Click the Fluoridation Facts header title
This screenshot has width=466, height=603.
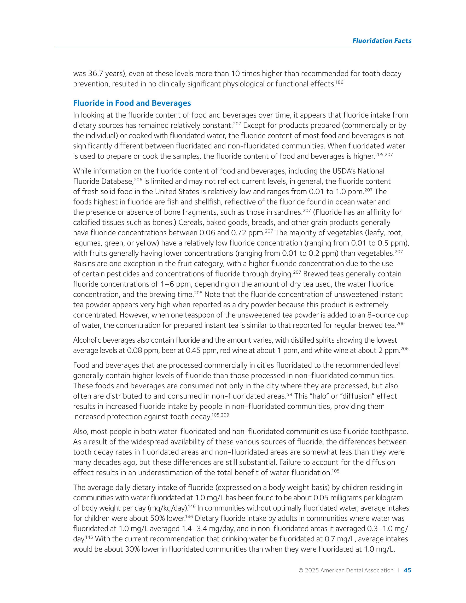(x=381, y=41)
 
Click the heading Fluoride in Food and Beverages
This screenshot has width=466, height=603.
(x=132, y=103)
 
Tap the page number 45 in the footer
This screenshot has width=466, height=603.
(x=407, y=570)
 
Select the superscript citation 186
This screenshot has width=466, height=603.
(x=339, y=82)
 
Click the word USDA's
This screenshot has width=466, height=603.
(x=337, y=171)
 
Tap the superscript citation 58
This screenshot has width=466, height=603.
(x=289, y=394)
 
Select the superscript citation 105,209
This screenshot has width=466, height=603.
(x=220, y=415)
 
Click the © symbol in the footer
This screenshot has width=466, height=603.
(x=301, y=570)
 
